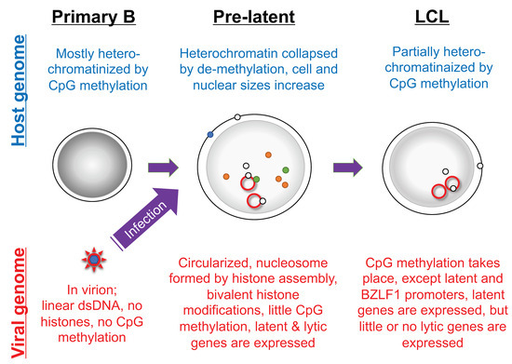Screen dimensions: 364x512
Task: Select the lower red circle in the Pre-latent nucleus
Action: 252,200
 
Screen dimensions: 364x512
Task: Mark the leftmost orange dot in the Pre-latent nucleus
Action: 226,175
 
